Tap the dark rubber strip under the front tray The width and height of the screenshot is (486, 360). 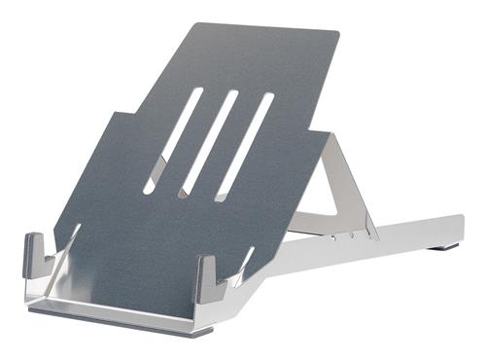tap(117, 322)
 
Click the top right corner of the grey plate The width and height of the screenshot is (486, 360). tap(336, 34)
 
